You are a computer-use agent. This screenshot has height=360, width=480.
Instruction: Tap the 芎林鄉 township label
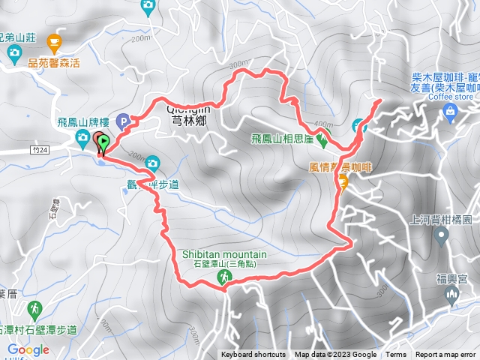click(x=187, y=118)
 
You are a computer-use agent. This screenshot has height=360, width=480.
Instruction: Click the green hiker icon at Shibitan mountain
click(x=223, y=277)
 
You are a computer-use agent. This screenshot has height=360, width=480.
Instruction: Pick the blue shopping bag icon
click(x=451, y=112)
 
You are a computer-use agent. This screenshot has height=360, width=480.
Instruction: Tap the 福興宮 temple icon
click(x=452, y=295)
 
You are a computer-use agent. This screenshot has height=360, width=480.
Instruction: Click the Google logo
click(x=28, y=349)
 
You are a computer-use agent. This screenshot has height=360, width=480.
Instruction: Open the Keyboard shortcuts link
click(x=253, y=355)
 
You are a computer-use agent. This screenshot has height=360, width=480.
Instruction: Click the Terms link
click(x=396, y=355)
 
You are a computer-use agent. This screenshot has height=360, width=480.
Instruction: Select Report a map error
click(x=445, y=355)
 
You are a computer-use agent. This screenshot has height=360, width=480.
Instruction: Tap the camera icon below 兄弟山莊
click(x=14, y=52)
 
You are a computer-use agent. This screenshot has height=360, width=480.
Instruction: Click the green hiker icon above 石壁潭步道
click(x=34, y=308)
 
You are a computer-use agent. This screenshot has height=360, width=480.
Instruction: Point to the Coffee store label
click(x=451, y=96)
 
